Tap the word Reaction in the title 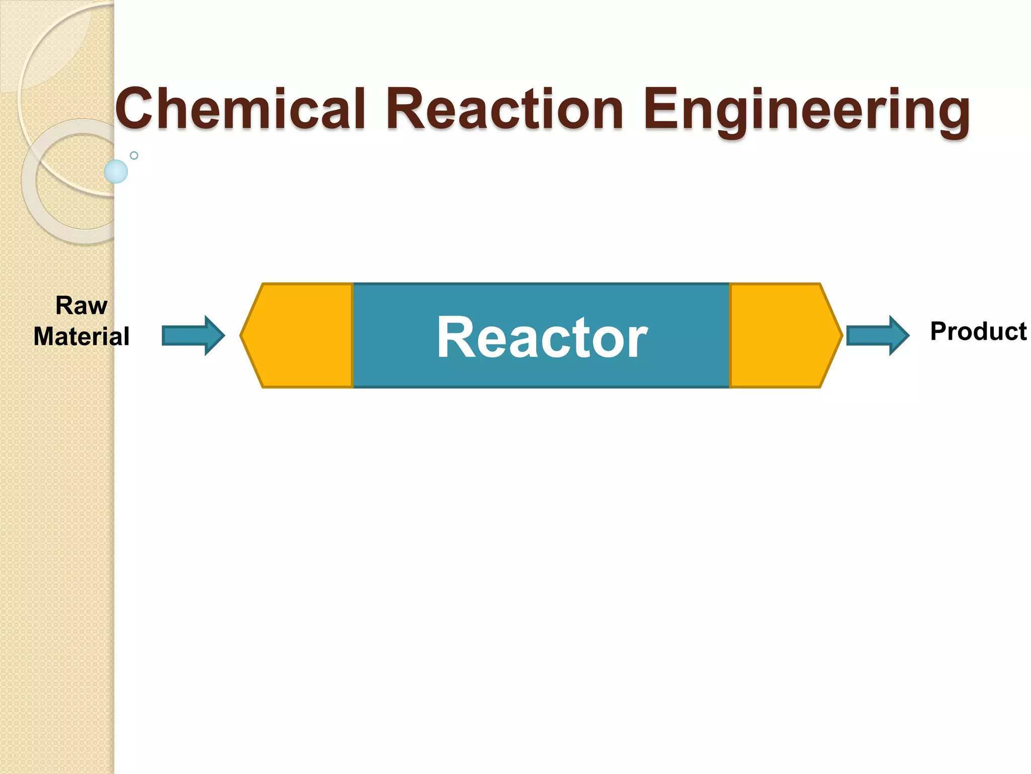pyautogui.click(x=506, y=109)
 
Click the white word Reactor pyautogui.click(x=542, y=337)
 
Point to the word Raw pyautogui.click(x=82, y=305)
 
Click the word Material pyautogui.click(x=82, y=337)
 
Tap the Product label pyautogui.click(x=978, y=332)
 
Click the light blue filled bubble pyautogui.click(x=116, y=171)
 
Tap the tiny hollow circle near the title pyautogui.click(x=134, y=155)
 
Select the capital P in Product pyautogui.click(x=939, y=332)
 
